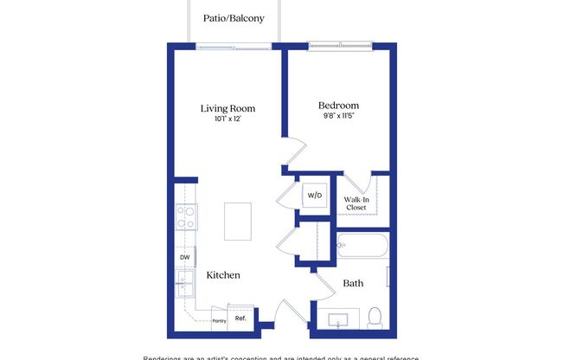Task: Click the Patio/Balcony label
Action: click(x=234, y=17)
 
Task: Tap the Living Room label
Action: click(x=228, y=108)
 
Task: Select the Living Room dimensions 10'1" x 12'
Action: click(x=228, y=119)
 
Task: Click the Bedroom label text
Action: click(x=338, y=106)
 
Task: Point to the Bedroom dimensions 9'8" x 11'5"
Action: click(x=338, y=116)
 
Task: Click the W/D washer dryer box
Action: click(x=312, y=196)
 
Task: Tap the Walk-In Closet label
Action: click(x=356, y=202)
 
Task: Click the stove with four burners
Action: click(x=185, y=216)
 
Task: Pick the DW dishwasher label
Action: click(x=184, y=257)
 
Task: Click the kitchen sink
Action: click(x=184, y=280)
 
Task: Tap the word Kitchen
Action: click(x=223, y=275)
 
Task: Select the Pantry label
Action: click(x=220, y=321)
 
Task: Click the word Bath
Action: click(x=353, y=283)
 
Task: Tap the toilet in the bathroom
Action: click(x=375, y=318)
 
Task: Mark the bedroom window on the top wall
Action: click(x=340, y=45)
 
